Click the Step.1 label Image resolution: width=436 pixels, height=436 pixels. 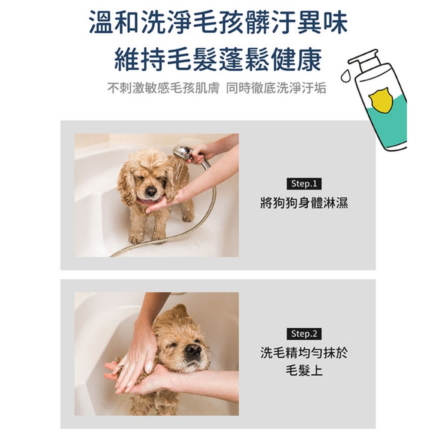(x=304, y=184)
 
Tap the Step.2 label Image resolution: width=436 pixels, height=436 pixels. (x=304, y=334)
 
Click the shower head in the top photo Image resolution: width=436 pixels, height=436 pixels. (x=182, y=153)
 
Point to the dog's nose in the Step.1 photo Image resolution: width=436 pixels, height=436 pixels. (x=151, y=191)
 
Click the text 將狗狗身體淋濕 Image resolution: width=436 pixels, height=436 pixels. (x=304, y=203)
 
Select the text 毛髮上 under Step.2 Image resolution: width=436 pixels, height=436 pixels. (x=304, y=370)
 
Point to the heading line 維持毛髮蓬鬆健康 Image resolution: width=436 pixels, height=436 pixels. (x=218, y=60)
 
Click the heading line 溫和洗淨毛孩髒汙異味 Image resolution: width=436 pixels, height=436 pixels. (x=218, y=22)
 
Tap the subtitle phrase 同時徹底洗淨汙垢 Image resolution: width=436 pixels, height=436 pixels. (x=276, y=88)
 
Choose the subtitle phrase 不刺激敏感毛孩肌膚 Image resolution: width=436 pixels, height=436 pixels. (x=163, y=88)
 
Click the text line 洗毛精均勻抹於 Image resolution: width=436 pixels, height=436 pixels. (x=304, y=353)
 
